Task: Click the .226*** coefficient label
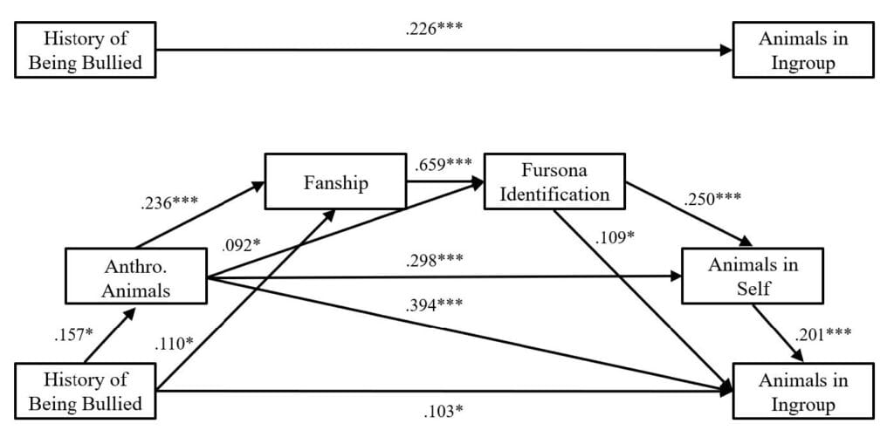pos(434,29)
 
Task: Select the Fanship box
pos(334,184)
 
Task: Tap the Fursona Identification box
pos(554,181)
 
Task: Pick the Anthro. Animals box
pos(135,278)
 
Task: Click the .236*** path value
pos(168,205)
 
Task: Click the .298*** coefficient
pos(434,260)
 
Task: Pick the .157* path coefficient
pos(68,335)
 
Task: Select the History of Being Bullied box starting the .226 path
pos(86,51)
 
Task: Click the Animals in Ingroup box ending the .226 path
pos(802,51)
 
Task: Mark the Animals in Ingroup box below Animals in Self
pos(802,392)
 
